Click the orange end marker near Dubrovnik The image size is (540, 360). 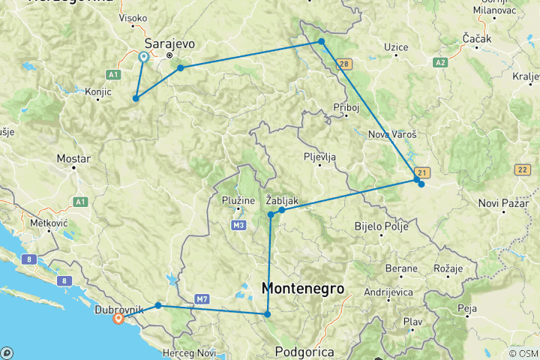click(118, 319)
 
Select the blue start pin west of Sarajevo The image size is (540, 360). click(143, 57)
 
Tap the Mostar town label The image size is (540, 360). click(74, 159)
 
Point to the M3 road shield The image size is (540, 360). click(238, 225)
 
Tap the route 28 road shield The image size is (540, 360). click(344, 64)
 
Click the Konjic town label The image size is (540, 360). click(98, 91)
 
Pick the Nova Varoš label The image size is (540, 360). click(391, 135)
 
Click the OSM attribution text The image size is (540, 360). click(523, 353)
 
